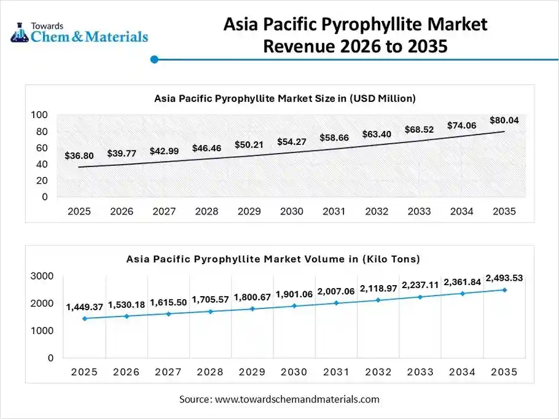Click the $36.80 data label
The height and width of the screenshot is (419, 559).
pyautogui.click(x=79, y=156)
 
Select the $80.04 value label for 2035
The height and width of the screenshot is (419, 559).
pyautogui.click(x=504, y=120)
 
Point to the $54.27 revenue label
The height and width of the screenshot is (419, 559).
pyautogui.click(x=292, y=142)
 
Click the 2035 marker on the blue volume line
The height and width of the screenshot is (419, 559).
pyautogui.click(x=505, y=290)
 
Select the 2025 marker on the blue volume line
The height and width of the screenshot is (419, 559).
pyautogui.click(x=84, y=318)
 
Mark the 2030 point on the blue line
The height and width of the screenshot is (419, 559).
pyautogui.click(x=295, y=305)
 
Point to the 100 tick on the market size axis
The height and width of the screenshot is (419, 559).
pyautogui.click(x=39, y=115)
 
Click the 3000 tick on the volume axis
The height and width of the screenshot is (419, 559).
pyautogui.click(x=42, y=276)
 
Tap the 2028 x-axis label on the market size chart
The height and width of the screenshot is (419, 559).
pyautogui.click(x=206, y=211)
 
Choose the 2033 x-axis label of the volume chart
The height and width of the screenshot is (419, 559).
pyautogui.click(x=420, y=372)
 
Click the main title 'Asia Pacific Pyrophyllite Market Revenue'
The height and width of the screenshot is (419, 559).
pyautogui.click(x=355, y=34)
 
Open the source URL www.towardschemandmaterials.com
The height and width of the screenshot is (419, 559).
pyautogui.click(x=298, y=399)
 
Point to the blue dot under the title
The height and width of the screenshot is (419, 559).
pyautogui.click(x=155, y=60)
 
